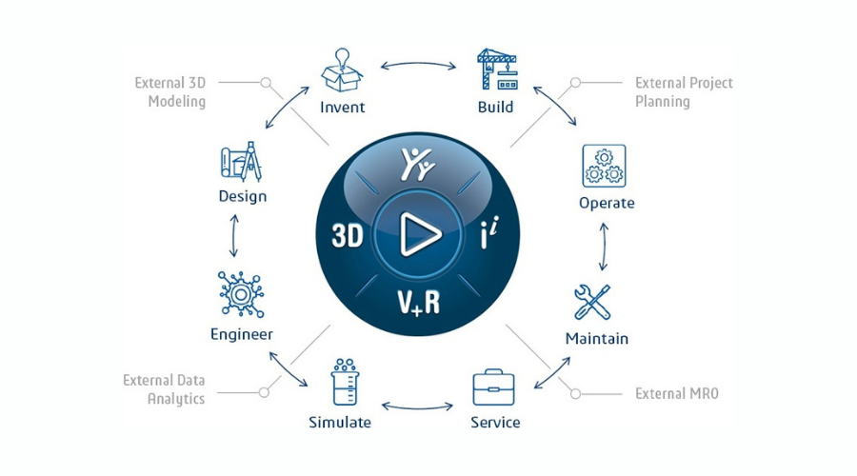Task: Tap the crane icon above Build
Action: [x=497, y=69]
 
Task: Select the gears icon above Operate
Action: [x=604, y=166]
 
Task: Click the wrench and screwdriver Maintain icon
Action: [x=592, y=302]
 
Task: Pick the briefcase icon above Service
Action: [x=493, y=387]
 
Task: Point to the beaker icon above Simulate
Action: [x=345, y=382]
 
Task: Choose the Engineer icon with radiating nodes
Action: [x=241, y=294]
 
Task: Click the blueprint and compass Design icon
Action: [x=241, y=161]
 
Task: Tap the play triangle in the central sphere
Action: [x=419, y=235]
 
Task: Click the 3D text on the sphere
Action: [x=348, y=236]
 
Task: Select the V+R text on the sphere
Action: [x=419, y=302]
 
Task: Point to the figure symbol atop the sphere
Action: [x=418, y=164]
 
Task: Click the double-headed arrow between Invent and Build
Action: [x=418, y=65]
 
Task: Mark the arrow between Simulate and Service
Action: [x=417, y=407]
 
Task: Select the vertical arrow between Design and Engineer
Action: [x=234, y=235]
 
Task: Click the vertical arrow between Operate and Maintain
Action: [x=604, y=247]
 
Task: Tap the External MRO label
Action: [x=677, y=393]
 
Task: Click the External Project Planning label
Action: [x=684, y=91]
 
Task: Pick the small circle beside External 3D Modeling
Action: [x=266, y=83]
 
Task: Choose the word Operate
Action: [x=607, y=203]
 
